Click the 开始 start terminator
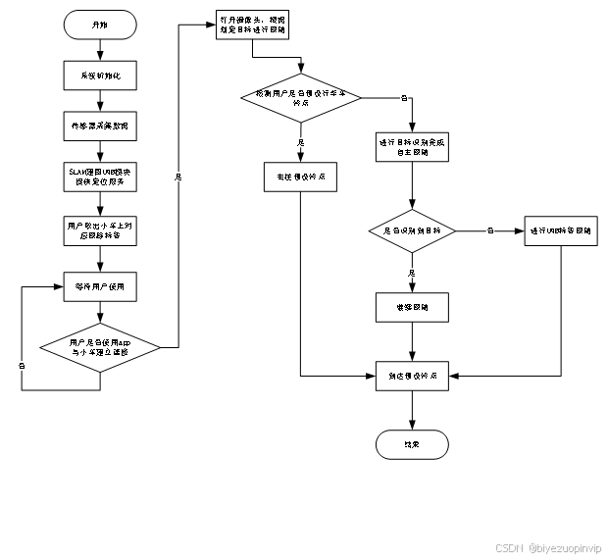[100, 25]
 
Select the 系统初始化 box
[100, 76]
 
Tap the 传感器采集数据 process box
[100, 127]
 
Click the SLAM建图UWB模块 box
[100, 177]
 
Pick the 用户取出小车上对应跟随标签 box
[100, 230]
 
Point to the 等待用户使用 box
[100, 286]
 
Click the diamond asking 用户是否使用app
[100, 346]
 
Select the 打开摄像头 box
[253, 25]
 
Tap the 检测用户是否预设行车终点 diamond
[301, 98]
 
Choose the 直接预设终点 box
[300, 177]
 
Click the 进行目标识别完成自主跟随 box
[412, 147]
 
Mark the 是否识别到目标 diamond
[412, 231]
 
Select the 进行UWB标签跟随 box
[561, 231]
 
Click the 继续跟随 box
[412, 307]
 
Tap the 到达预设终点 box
[412, 377]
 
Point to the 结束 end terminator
[412, 444]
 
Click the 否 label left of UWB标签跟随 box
[490, 231]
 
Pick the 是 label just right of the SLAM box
[178, 177]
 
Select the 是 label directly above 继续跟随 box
[412, 273]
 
